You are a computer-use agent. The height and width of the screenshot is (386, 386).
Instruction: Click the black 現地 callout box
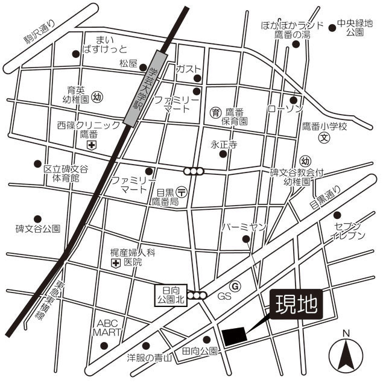click(296, 305)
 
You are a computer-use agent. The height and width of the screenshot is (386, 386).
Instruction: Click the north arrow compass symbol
click(346, 354)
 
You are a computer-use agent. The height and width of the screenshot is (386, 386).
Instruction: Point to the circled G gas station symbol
click(235, 286)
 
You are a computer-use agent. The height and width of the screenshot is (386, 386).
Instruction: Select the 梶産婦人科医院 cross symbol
click(115, 264)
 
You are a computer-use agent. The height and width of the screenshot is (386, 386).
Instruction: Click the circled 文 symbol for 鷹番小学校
click(324, 137)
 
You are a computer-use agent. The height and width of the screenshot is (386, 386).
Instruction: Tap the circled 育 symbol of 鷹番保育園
click(215, 112)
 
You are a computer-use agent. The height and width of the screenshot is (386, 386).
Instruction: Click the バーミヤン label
click(244, 227)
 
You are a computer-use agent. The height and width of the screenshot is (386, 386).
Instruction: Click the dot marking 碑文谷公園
click(37, 219)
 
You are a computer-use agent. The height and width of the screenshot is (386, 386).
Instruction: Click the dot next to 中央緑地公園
click(332, 27)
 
